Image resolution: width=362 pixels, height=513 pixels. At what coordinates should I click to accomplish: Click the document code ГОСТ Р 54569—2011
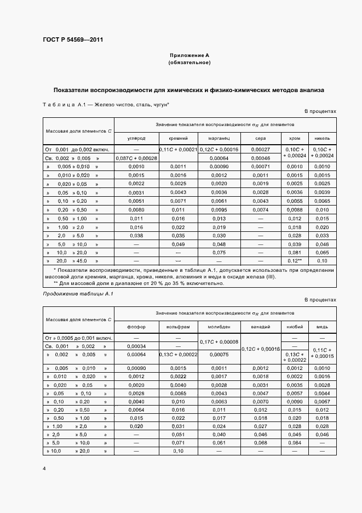click(73, 40)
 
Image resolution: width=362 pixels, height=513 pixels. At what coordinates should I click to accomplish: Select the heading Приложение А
click(189, 55)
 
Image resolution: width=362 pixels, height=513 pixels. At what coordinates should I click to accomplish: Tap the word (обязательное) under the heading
click(189, 62)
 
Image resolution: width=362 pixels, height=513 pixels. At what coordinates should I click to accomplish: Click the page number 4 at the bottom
click(44, 469)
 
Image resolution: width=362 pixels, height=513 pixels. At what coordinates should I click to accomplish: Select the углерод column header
click(136, 139)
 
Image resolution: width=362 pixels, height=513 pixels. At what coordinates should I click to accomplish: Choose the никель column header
click(323, 139)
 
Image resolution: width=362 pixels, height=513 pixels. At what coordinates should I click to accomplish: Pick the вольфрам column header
click(178, 327)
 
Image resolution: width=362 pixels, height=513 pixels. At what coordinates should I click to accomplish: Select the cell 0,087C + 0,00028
click(136, 158)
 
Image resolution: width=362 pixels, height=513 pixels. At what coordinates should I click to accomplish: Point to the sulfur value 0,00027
click(260, 149)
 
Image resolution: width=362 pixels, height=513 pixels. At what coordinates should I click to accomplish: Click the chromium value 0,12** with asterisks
click(295, 261)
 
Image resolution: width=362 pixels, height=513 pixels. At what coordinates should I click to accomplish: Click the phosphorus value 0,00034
click(136, 346)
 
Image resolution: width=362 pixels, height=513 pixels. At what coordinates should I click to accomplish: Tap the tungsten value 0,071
click(178, 442)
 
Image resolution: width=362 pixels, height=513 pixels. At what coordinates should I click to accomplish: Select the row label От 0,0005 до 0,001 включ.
click(78, 338)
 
